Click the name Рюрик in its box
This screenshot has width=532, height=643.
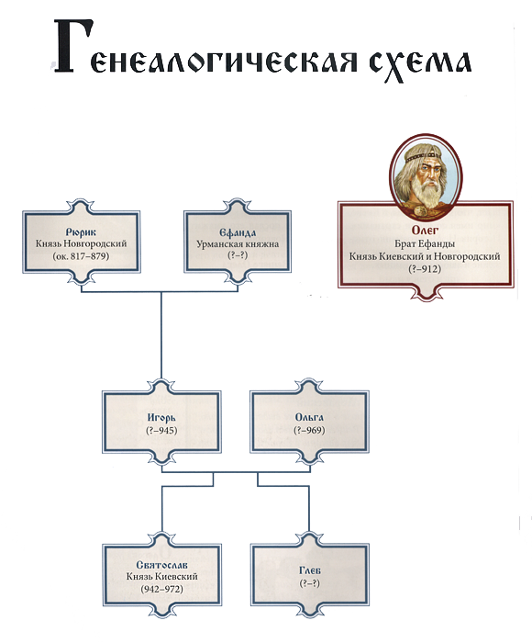tap(81, 232)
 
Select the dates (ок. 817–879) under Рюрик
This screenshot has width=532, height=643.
tap(81, 256)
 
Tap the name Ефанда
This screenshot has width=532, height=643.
tap(238, 232)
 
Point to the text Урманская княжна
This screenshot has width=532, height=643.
tap(238, 244)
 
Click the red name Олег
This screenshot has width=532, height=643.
tap(425, 231)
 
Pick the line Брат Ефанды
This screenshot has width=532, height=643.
tap(425, 243)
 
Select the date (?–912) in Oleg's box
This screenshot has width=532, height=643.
tap(425, 269)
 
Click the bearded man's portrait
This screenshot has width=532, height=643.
tap(426, 177)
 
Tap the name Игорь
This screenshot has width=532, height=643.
tap(161, 418)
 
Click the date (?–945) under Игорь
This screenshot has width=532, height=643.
tap(161, 430)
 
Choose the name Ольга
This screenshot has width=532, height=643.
tap(309, 417)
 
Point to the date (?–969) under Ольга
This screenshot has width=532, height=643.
tap(309, 430)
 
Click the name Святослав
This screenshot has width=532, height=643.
tap(161, 565)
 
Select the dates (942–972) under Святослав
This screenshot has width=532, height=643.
tap(161, 589)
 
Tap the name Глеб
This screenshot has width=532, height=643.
tap(310, 570)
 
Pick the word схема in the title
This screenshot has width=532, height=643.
tap(420, 64)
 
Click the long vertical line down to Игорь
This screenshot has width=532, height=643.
tap(161, 336)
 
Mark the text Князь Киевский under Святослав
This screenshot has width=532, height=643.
tap(161, 577)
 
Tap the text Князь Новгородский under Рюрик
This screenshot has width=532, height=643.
tap(81, 243)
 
